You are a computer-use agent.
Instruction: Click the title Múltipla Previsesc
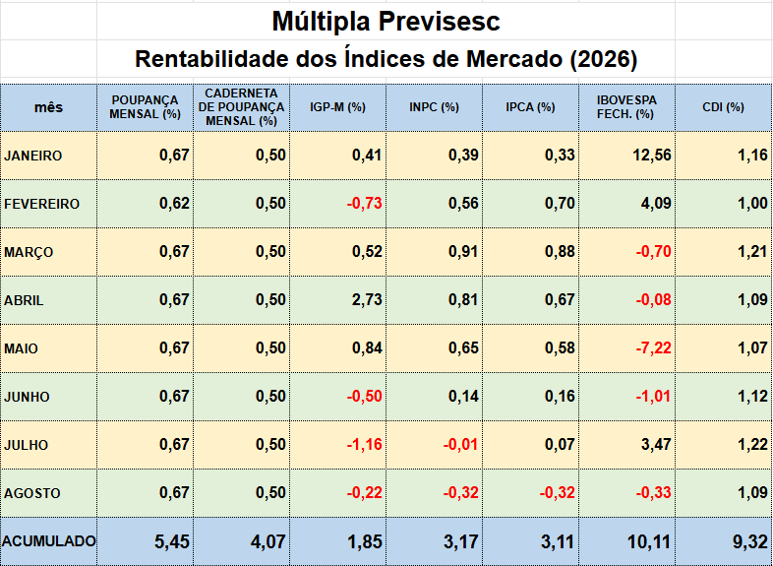click(386, 22)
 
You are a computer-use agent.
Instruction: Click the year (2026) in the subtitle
click(604, 59)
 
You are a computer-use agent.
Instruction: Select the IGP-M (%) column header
click(337, 107)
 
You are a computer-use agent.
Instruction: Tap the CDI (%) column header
click(723, 107)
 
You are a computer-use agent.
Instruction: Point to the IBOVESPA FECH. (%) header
click(626, 107)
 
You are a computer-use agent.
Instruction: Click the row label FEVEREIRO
click(42, 204)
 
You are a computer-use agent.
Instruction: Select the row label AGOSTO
click(32, 493)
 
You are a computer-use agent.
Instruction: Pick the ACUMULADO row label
click(49, 541)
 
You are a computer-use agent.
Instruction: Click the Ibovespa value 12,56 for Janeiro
click(652, 156)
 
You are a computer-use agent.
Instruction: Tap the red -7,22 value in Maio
click(653, 348)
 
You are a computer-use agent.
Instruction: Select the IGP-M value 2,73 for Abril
click(367, 300)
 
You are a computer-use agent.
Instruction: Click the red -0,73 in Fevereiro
click(364, 204)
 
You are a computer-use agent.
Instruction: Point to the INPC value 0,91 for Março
click(463, 252)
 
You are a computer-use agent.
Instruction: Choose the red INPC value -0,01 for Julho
click(460, 445)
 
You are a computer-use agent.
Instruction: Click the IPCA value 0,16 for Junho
click(560, 397)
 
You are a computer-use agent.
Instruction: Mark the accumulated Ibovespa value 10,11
click(649, 541)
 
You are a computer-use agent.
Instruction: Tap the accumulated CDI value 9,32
click(750, 541)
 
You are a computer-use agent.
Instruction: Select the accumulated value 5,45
click(172, 541)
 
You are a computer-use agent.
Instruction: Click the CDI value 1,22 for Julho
click(752, 445)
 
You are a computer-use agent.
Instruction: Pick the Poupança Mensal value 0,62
click(174, 204)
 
